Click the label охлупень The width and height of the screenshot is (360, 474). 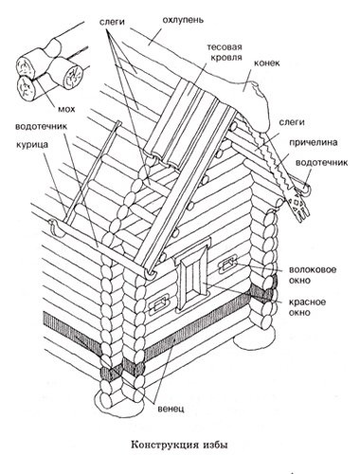tap(183, 20)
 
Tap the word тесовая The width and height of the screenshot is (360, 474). tap(225, 47)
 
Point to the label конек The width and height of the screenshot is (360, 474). tap(267, 63)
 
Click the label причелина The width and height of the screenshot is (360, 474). tap(314, 143)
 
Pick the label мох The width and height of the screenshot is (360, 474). tap(66, 109)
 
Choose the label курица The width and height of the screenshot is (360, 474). tap(32, 145)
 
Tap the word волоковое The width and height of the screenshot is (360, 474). tap(313, 270)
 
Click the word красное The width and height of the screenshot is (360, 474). tap(307, 301)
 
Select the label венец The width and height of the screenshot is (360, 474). tap(171, 409)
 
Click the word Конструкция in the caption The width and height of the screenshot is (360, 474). tap(165, 446)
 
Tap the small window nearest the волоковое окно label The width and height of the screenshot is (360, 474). tap(226, 264)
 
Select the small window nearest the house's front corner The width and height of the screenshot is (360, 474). tap(161, 304)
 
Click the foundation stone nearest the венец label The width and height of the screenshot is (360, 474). tap(120, 402)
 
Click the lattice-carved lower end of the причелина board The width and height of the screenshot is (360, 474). tap(297, 205)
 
